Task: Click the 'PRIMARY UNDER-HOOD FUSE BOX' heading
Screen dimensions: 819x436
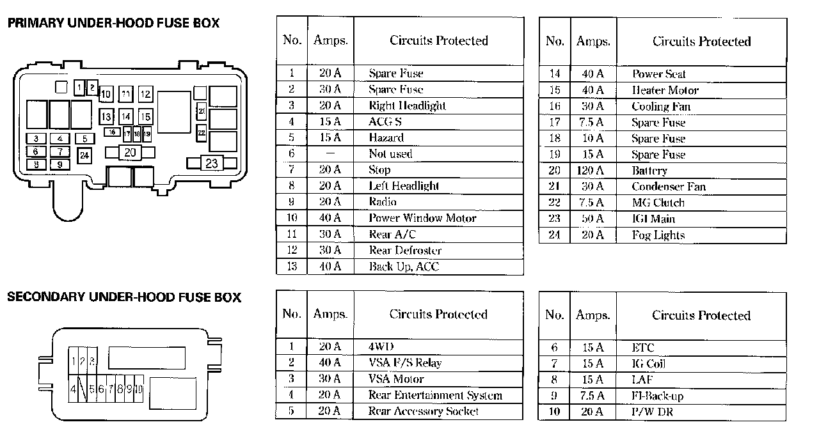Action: coord(113,23)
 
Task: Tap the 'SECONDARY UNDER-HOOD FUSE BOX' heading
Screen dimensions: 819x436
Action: coord(124,297)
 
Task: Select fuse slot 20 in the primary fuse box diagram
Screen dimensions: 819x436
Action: coord(130,152)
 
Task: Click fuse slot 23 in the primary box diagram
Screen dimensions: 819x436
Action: coord(212,163)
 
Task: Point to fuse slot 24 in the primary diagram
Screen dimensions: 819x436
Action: coord(84,155)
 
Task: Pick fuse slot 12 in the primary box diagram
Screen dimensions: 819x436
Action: coord(145,94)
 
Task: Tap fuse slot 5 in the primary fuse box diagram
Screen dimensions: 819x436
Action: coord(85,139)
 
